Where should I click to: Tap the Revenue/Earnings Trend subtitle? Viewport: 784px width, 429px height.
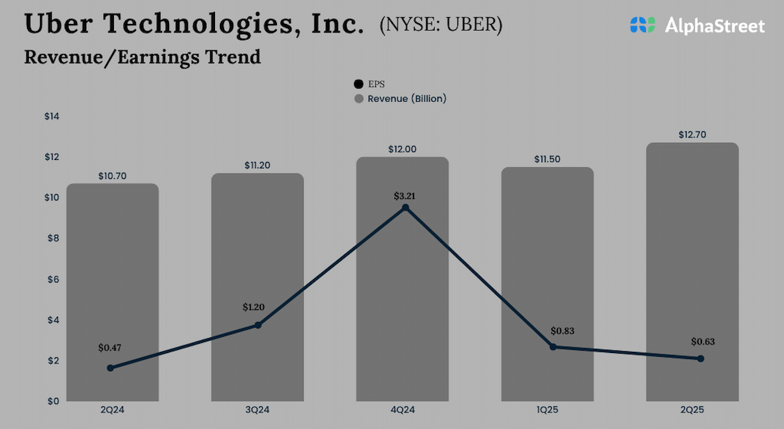142,57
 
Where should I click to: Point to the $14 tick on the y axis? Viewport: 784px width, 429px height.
51,116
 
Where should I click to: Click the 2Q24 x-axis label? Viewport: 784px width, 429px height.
112,409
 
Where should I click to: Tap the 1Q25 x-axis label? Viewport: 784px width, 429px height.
547,409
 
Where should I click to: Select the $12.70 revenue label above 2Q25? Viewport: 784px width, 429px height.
692,135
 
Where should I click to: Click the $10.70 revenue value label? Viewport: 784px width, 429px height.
112,176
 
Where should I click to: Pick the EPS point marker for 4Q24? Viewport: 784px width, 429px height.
405,208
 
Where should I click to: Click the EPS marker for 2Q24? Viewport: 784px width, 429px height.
110,368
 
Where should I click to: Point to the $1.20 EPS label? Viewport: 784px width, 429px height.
254,306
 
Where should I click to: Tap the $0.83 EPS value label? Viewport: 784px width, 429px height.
562,331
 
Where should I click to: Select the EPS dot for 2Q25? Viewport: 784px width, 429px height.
701,359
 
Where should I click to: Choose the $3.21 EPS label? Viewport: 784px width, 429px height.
405,196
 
